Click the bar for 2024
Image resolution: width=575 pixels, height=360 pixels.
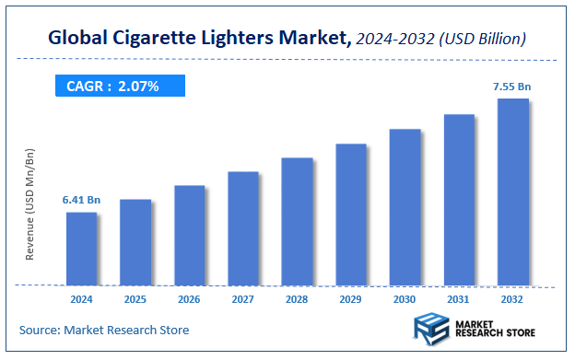point(81,249)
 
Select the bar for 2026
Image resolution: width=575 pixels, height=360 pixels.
point(189,235)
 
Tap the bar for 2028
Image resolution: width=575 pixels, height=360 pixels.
point(297,221)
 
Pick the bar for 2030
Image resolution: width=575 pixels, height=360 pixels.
point(405,207)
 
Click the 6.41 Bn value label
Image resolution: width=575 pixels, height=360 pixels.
point(81,199)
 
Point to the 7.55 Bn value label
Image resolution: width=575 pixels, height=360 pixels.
point(512,86)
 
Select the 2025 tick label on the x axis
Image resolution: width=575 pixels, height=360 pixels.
point(135,299)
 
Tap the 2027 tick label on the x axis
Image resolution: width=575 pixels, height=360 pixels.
point(243,299)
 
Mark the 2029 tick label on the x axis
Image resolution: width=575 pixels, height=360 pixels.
point(351,299)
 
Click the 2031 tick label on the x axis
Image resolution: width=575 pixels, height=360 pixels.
point(459,299)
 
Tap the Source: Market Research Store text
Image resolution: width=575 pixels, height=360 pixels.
point(104,330)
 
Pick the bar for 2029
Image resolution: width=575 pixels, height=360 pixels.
point(351,214)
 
